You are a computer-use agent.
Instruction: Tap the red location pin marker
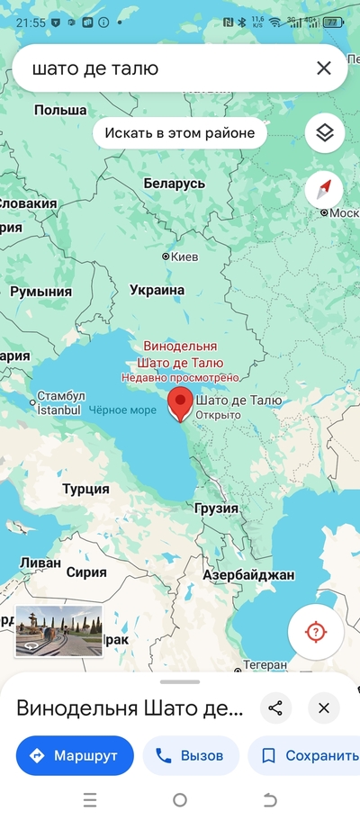click(181, 404)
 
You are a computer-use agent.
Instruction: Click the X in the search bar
click(323, 68)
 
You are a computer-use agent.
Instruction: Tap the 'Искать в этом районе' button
click(180, 133)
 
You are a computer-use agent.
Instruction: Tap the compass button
click(324, 189)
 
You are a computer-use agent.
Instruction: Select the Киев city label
click(184, 257)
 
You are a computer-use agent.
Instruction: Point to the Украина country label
click(157, 290)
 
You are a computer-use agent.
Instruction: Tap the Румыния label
click(41, 293)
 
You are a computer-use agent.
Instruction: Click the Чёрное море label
click(123, 410)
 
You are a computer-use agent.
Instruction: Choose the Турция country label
click(85, 489)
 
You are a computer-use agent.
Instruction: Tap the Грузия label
click(217, 509)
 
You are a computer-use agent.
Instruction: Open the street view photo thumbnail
click(58, 631)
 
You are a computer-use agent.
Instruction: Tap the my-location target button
click(315, 631)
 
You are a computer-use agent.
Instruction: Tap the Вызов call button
click(190, 756)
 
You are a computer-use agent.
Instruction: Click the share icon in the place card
click(275, 707)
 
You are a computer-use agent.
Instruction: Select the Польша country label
click(59, 110)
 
